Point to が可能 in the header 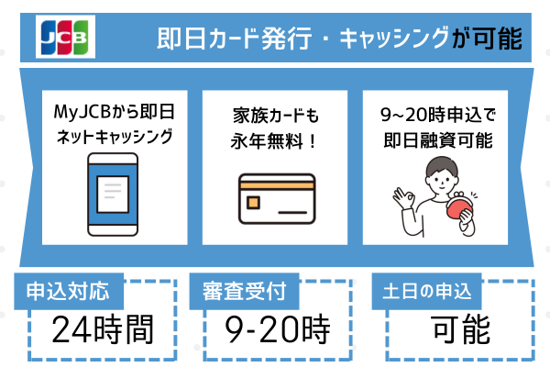coord(487,39)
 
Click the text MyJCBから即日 coord(115,117)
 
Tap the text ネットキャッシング coord(115,139)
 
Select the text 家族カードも coord(275,117)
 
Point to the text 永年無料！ coord(275,142)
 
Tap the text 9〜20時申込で coord(435,117)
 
